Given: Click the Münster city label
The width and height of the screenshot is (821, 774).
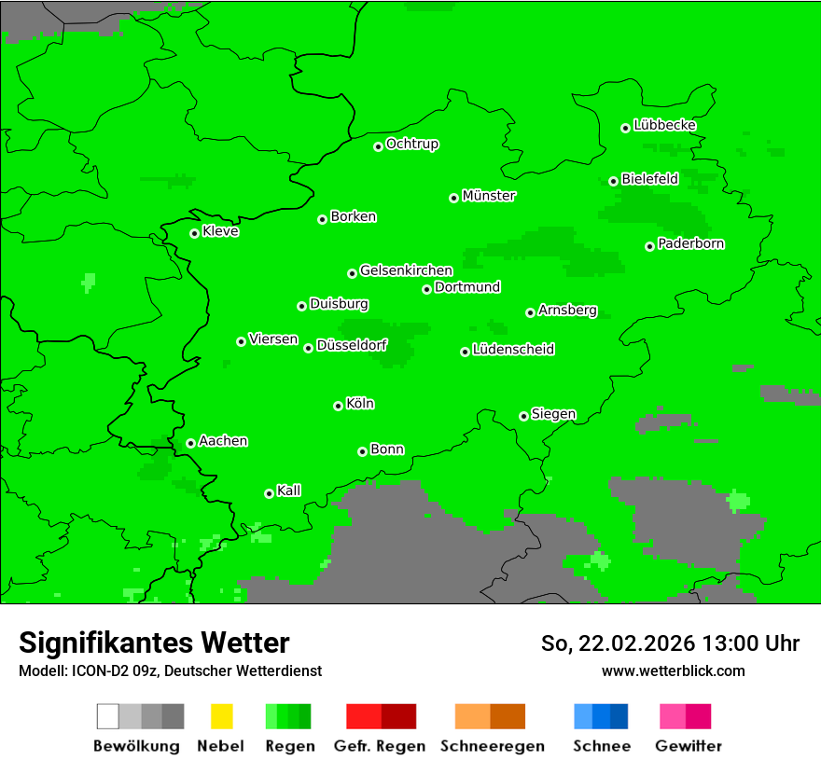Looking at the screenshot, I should [x=489, y=196].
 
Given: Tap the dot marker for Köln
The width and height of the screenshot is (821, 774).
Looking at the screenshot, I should [x=338, y=406].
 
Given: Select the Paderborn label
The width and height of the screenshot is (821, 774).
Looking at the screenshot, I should [x=691, y=243].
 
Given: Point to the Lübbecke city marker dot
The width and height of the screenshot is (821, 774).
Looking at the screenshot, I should [x=625, y=128].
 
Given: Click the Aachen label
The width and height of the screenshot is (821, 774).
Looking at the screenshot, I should [x=223, y=441].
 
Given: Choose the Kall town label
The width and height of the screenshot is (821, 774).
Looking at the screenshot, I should [x=289, y=491].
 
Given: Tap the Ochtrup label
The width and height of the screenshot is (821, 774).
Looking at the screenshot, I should [x=412, y=144].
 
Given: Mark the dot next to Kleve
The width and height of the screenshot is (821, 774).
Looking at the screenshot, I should [x=194, y=233].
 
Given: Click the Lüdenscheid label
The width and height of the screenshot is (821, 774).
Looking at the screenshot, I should [x=513, y=350].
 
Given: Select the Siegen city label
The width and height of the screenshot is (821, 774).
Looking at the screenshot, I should [x=553, y=414].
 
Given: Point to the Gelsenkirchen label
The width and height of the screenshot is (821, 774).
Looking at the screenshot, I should [x=406, y=270].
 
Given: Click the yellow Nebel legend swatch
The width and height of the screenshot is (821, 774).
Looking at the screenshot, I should [x=221, y=716].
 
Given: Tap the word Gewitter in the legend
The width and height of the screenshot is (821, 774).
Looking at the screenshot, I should [x=689, y=746].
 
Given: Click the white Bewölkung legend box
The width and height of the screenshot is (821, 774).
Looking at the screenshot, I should [x=108, y=716].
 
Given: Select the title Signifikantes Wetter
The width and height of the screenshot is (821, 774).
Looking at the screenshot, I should [x=154, y=643].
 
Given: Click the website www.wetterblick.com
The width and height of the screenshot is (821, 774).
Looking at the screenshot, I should [x=673, y=670].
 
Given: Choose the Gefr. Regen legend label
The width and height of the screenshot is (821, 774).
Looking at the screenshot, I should [x=380, y=746].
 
